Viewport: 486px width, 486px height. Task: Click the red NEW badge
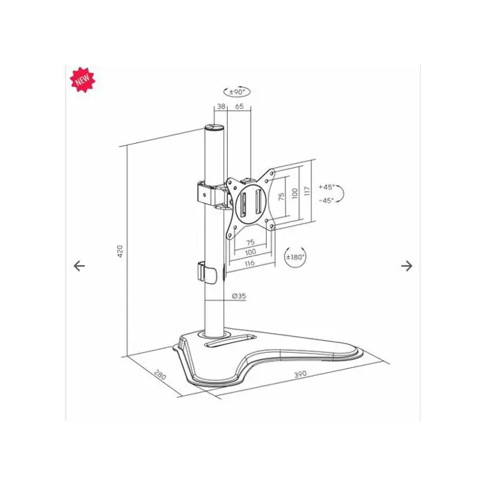(83, 80)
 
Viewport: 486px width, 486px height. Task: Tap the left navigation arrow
(80, 265)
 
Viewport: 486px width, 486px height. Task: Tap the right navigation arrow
(406, 265)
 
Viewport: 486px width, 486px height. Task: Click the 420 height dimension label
(120, 251)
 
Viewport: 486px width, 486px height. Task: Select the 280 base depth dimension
(160, 375)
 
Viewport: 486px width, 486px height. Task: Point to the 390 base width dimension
(300, 374)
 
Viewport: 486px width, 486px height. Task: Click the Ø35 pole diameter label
(239, 296)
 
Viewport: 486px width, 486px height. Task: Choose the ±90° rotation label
(237, 92)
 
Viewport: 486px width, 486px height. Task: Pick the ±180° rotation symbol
(295, 257)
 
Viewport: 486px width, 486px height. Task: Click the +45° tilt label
(327, 187)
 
